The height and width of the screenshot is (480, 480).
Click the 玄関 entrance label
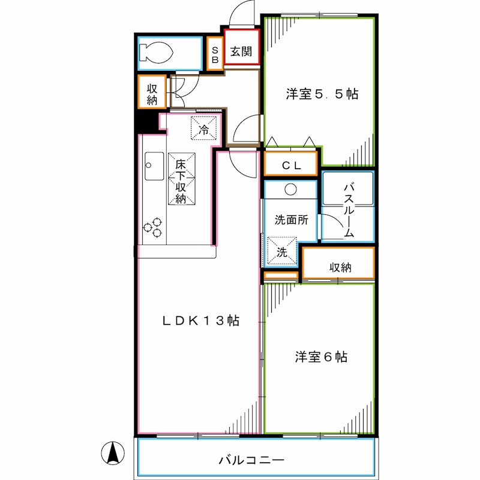pos(242,52)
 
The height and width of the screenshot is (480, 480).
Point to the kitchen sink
pos(154,166)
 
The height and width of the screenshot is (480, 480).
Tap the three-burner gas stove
pos(153,227)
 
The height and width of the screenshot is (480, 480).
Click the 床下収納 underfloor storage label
pos(181,180)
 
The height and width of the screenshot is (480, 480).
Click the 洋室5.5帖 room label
pos(322,94)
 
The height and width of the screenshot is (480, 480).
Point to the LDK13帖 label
pos(201,321)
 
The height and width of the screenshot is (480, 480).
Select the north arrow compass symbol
pos(112,453)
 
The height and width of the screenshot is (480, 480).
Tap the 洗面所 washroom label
pos(291,220)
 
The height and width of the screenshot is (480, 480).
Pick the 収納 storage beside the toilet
pos(152,92)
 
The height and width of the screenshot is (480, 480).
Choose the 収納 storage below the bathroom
pos(340,266)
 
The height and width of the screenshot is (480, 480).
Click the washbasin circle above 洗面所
pos(290,190)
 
